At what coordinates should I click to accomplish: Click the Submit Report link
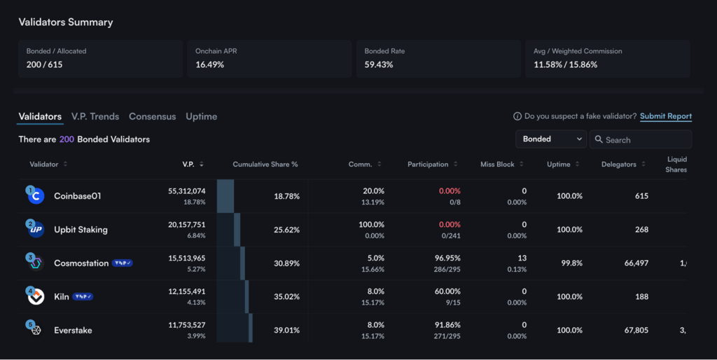coord(665,116)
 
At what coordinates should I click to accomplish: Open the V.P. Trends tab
coord(95,116)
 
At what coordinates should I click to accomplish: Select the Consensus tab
coord(152,116)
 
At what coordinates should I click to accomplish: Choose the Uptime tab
coord(201,116)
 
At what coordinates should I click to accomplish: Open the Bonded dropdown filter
coord(550,139)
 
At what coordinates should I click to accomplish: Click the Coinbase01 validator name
coord(78,196)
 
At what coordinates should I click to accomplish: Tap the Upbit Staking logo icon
coord(36,229)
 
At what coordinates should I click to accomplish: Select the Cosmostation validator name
coord(80,263)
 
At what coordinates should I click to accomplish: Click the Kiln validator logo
coord(36,296)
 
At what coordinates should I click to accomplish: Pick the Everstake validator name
coord(73,331)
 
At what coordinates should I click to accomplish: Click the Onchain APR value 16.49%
coord(210,64)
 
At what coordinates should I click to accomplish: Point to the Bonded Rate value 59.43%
coord(379,64)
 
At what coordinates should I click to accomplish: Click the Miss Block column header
coord(497,164)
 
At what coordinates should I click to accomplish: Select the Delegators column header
coord(618,164)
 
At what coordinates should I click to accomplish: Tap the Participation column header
coord(428,164)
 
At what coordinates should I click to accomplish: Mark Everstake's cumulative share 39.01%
coord(286,331)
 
